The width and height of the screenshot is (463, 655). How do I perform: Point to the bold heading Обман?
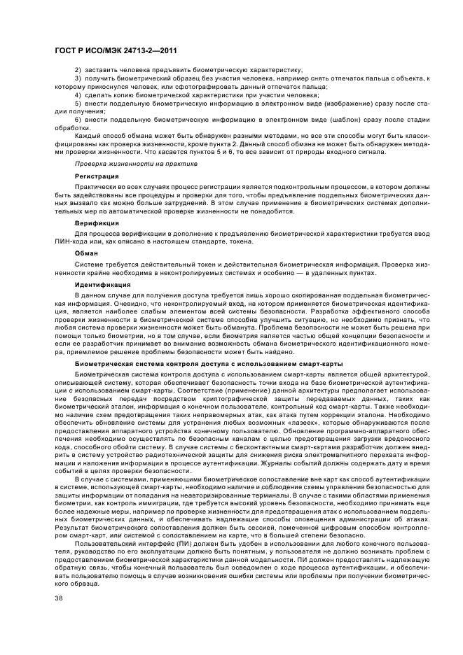(86, 253)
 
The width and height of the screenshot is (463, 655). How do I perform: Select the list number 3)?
(78, 79)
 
